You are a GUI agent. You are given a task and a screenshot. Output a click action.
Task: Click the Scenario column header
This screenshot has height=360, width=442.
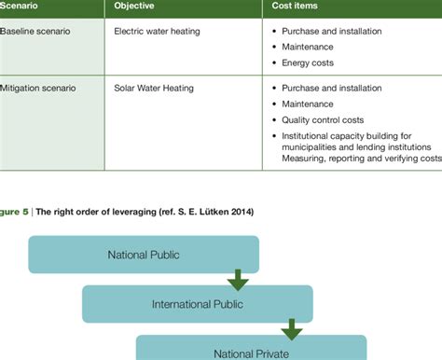[x=22, y=6]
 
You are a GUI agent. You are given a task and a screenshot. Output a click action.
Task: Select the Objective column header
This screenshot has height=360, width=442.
[x=134, y=6]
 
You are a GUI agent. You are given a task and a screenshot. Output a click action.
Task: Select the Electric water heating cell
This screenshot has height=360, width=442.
[x=156, y=31]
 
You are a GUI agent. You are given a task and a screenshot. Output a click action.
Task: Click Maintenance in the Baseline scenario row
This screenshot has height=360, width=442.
[x=310, y=48]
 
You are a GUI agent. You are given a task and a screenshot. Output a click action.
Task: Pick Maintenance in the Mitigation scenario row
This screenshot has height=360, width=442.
[x=310, y=104]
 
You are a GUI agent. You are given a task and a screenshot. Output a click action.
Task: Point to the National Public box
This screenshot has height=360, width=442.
[x=144, y=254]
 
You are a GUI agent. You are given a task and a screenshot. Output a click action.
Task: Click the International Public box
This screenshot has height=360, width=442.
[x=197, y=303]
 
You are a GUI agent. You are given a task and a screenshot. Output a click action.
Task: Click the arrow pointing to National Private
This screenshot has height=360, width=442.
[x=292, y=328]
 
